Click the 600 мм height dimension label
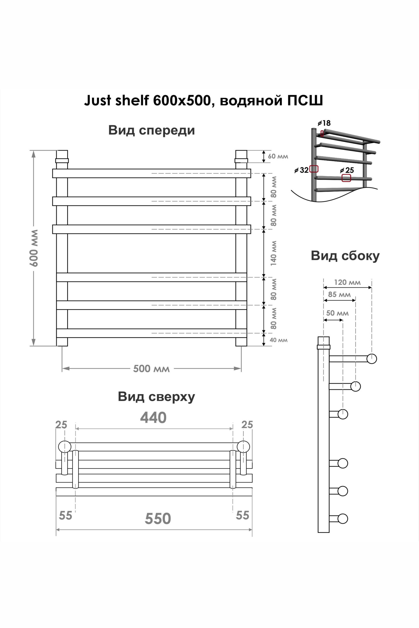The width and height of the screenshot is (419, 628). (34, 248)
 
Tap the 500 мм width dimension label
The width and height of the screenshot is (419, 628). (151, 369)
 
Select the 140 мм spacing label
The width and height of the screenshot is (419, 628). (274, 253)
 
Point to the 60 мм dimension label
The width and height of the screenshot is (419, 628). (278, 156)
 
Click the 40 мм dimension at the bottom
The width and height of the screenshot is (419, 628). (279, 340)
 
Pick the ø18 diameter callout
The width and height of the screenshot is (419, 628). (324, 123)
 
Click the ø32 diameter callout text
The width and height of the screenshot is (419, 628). (302, 170)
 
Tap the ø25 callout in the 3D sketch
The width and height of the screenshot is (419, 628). (347, 170)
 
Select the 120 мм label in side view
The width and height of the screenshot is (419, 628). (347, 282)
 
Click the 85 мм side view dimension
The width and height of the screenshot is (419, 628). (339, 295)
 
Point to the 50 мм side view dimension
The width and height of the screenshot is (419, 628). (337, 313)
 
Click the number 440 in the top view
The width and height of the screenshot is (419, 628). (153, 418)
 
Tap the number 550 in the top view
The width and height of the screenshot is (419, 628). (158, 518)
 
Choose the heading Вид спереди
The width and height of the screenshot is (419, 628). (151, 130)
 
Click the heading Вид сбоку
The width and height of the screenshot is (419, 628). (345, 256)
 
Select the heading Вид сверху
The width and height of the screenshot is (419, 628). (156, 397)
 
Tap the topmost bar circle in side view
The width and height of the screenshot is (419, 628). (372, 359)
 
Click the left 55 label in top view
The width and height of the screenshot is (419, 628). (66, 515)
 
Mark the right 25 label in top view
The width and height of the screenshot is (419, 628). (247, 425)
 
